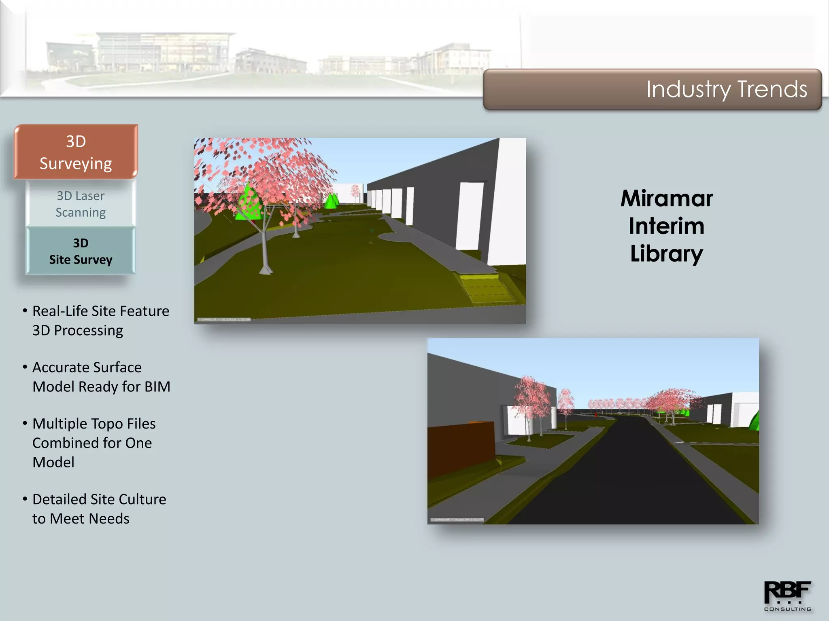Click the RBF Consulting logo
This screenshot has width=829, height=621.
[787, 596]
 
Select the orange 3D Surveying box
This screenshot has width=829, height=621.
[76, 152]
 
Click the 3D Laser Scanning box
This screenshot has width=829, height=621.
[81, 204]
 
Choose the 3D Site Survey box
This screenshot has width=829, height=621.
[81, 251]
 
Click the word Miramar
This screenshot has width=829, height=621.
[667, 199]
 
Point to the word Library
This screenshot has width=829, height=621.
[666, 254]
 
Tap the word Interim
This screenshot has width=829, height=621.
[666, 226]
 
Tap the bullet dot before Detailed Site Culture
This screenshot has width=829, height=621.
[25, 499]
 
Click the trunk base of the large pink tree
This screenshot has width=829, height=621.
[265, 269]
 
